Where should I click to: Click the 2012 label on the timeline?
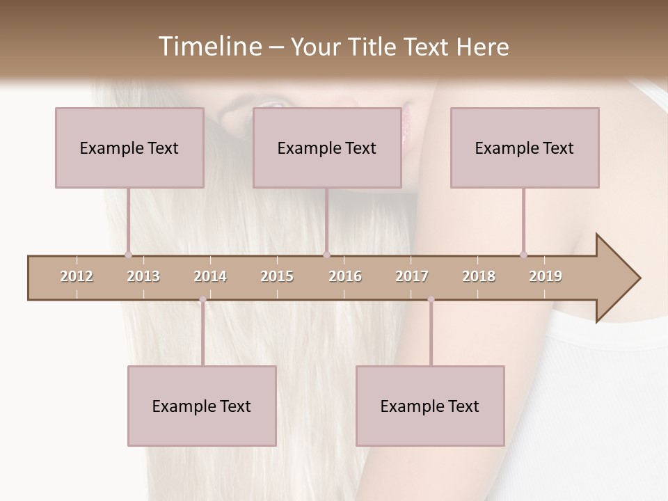[77, 276]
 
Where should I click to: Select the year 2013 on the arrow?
[143, 276]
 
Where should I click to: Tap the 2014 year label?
[210, 276]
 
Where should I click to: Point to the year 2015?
[277, 276]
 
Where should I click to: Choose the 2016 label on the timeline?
[345, 276]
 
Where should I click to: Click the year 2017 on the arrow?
[412, 276]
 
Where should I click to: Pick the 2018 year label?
[479, 276]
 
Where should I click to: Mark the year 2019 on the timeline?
[546, 276]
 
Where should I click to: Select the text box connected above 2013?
[129, 148]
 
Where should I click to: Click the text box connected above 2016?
[327, 148]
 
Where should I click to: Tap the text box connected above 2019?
[525, 148]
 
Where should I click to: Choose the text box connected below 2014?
[202, 406]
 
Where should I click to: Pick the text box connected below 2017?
[430, 406]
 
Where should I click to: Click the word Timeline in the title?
[209, 47]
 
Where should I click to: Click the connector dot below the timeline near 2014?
[202, 299]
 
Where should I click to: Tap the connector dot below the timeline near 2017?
[431, 299]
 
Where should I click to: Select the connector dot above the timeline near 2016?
[326, 255]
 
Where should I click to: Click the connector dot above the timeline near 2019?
[523, 255]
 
